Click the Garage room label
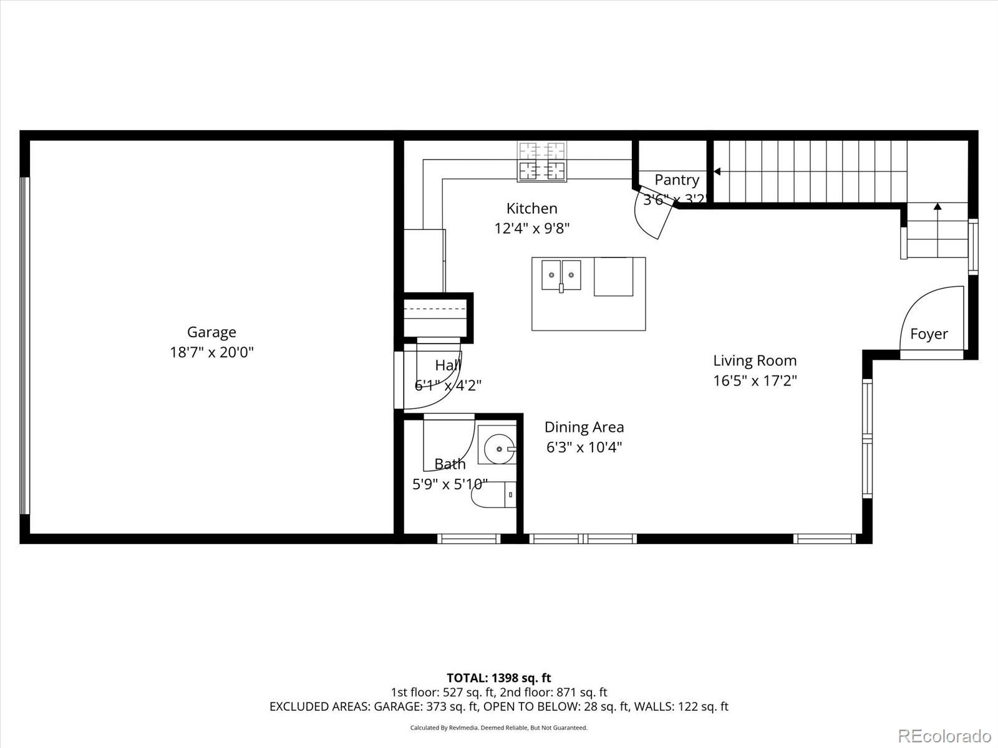coord(211,332)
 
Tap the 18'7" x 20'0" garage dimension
coord(211,352)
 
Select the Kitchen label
coord(531,208)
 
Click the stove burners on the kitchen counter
coord(542,161)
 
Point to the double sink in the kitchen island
coord(561,275)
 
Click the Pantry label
coord(676,180)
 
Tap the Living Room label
coord(755,360)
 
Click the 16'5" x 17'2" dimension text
coord(755,380)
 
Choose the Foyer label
coord(929,334)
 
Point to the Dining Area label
coord(584,427)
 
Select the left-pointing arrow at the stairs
coord(717,171)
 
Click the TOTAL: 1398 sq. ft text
coord(498,678)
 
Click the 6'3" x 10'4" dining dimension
coord(584,447)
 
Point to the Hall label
coord(447,365)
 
